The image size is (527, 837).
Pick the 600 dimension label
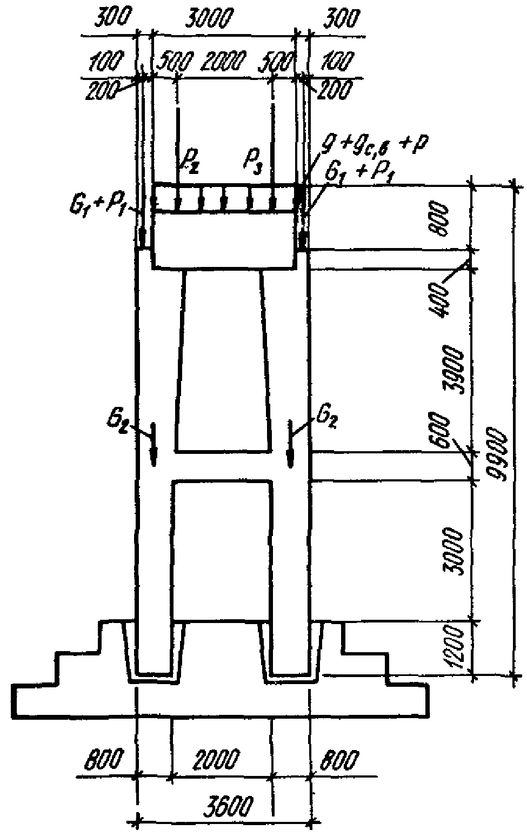(442, 432)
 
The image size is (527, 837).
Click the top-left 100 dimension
(106, 62)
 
